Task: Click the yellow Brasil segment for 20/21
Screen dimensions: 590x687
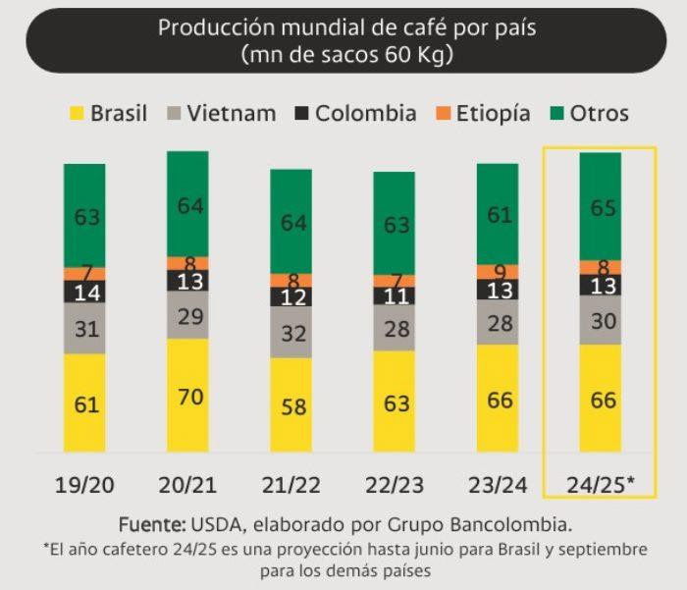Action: pyautogui.click(x=187, y=395)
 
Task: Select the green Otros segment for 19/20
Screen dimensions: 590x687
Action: pyautogui.click(x=84, y=215)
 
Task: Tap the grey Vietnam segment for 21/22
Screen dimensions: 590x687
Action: pyautogui.click(x=291, y=334)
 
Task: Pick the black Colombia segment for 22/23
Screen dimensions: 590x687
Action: pyautogui.click(x=394, y=295)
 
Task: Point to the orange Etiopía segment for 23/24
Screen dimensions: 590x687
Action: pyautogui.click(x=497, y=272)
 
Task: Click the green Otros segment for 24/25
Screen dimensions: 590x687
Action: pyautogui.click(x=600, y=206)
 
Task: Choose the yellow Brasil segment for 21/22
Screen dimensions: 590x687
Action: pyautogui.click(x=291, y=404)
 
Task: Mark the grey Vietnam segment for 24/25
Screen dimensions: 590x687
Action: pyautogui.click(x=600, y=321)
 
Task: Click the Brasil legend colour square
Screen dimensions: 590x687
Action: pyautogui.click(x=74, y=113)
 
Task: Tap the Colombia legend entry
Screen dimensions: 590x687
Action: pyautogui.click(x=354, y=113)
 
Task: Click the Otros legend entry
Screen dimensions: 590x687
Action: pyautogui.click(x=590, y=113)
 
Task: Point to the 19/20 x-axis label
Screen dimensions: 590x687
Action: pyautogui.click(x=84, y=484)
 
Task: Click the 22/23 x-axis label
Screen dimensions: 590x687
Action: pyautogui.click(x=394, y=484)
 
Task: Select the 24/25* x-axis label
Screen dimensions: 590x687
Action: pyautogui.click(x=601, y=484)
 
